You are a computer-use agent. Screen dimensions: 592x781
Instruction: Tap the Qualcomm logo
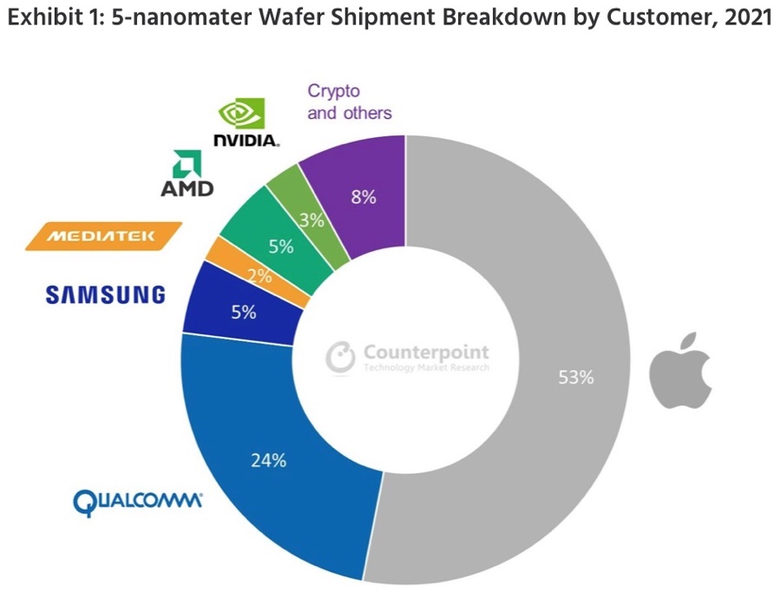click(138, 501)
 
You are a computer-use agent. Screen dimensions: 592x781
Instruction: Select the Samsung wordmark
click(105, 295)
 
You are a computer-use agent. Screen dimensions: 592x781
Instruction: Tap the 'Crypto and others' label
click(349, 102)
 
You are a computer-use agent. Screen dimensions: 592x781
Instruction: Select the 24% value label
click(268, 460)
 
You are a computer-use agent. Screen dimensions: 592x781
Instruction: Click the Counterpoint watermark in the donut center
click(408, 356)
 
